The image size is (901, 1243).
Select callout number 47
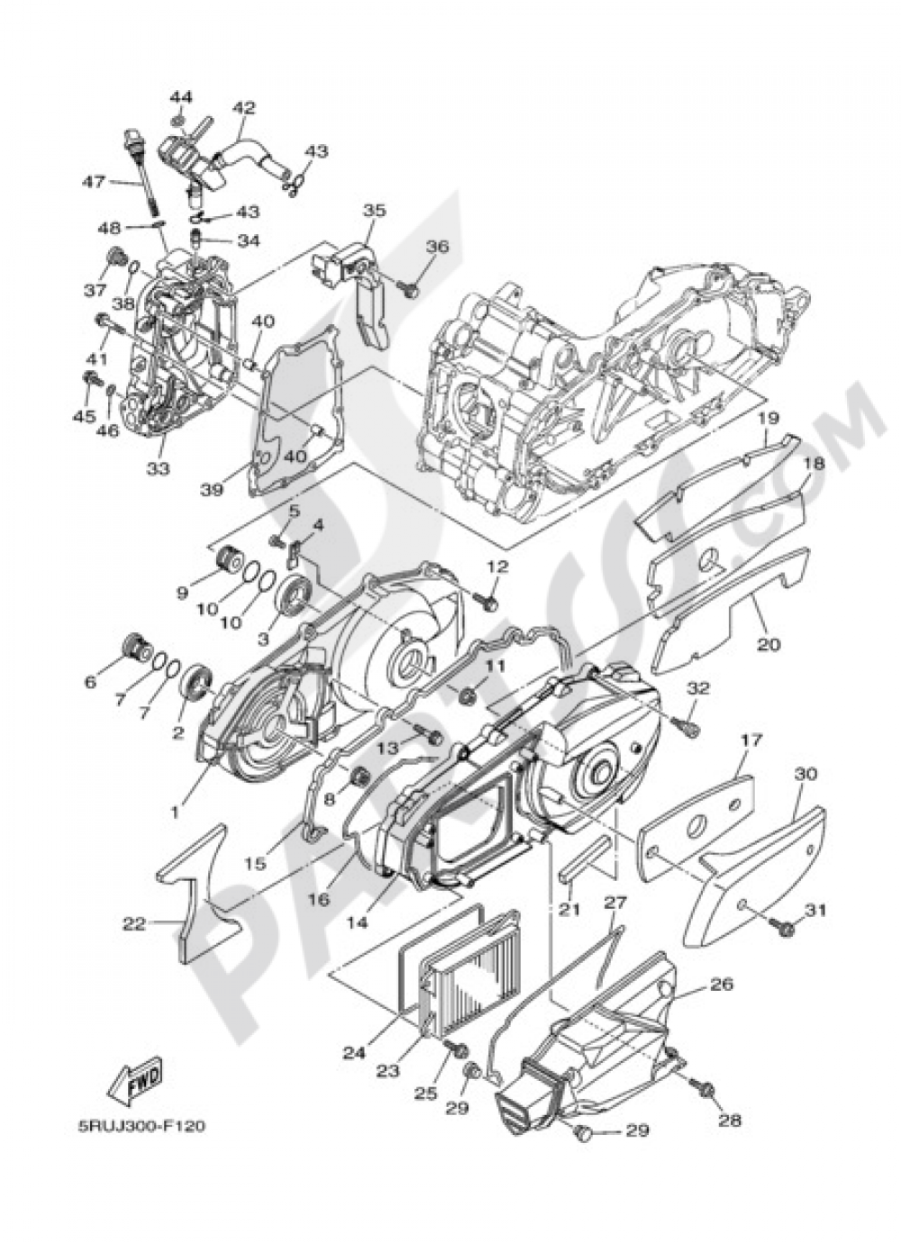point(94,181)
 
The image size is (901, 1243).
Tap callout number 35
point(374,210)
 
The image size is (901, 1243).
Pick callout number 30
point(805,774)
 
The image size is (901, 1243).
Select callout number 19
point(767,418)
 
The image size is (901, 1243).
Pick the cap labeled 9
point(229,565)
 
